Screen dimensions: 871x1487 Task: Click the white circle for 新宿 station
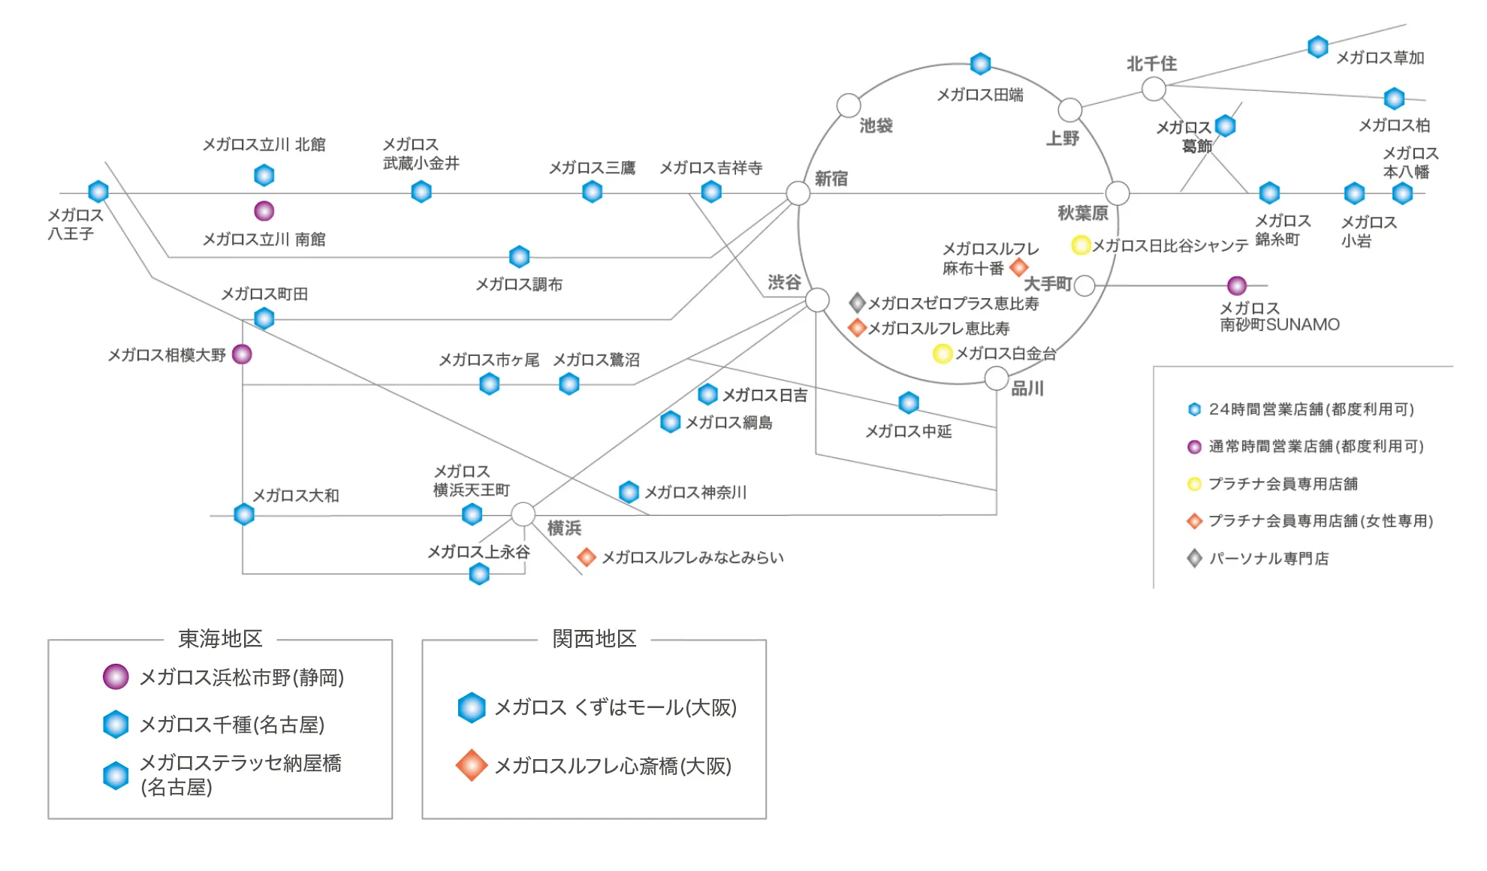tap(798, 193)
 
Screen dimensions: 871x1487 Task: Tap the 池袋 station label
tap(876, 126)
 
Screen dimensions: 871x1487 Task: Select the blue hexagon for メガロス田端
tap(980, 64)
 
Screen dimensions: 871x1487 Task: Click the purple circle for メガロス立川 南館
tap(264, 211)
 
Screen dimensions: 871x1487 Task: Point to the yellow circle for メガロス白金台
tap(943, 354)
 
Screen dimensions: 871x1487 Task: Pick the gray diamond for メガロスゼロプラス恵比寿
tap(857, 303)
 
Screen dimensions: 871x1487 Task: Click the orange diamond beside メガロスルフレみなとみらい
tap(587, 557)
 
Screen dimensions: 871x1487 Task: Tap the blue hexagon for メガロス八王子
tap(98, 191)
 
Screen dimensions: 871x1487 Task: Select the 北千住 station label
tap(1151, 65)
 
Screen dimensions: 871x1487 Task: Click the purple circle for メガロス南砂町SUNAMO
tap(1237, 285)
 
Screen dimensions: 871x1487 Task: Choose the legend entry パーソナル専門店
tap(1268, 559)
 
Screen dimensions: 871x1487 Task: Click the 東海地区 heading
tap(220, 639)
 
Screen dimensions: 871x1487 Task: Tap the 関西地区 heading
tap(594, 639)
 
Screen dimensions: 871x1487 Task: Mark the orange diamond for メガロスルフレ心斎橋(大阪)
tap(472, 765)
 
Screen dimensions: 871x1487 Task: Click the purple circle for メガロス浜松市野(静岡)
tap(116, 677)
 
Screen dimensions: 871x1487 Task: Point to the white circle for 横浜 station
tap(523, 514)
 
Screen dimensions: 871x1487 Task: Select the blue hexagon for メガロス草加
tap(1318, 47)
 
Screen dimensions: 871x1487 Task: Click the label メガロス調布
tap(519, 285)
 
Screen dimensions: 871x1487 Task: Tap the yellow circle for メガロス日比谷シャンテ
tap(1081, 245)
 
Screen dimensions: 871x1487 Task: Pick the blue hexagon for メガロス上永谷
tap(479, 574)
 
